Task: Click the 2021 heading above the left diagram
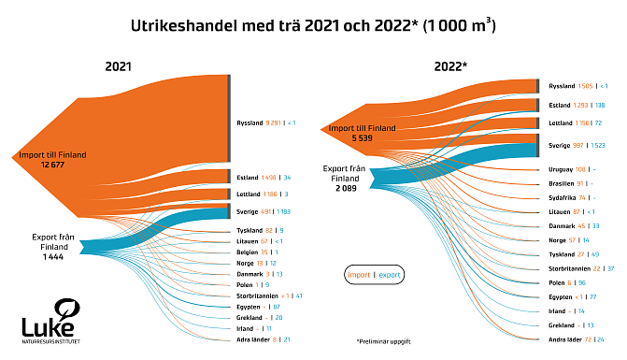118,67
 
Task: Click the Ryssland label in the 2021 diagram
250,122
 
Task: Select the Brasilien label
564,183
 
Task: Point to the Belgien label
247,252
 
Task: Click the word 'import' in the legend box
359,276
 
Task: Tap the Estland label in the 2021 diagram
247,177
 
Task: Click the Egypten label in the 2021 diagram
248,306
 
